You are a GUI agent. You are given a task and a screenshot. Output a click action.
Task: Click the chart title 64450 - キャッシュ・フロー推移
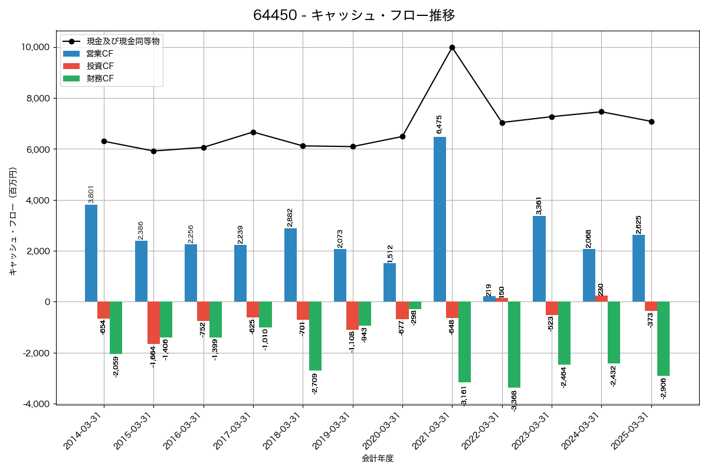354,15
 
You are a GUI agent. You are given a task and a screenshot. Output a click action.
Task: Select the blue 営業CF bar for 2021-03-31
440,219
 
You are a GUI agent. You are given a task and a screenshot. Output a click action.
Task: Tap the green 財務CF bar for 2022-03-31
514,345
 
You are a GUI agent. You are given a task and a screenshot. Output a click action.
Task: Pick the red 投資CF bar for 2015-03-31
153,323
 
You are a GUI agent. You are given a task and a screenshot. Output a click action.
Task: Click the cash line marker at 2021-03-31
452,47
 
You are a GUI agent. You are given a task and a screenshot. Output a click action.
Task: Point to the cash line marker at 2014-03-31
104,141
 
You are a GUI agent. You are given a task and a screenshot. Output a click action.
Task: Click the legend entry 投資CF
100,66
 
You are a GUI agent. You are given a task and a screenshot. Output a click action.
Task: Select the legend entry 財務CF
100,78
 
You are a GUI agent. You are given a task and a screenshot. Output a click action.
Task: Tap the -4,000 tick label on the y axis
36,404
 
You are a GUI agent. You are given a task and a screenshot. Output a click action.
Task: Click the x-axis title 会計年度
378,458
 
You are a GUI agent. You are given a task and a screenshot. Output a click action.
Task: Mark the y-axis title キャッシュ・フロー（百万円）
12,221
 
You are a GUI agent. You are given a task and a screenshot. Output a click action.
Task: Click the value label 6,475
439,124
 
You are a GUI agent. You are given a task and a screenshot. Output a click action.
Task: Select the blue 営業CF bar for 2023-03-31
539,259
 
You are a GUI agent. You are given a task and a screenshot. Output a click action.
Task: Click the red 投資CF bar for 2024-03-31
601,299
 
